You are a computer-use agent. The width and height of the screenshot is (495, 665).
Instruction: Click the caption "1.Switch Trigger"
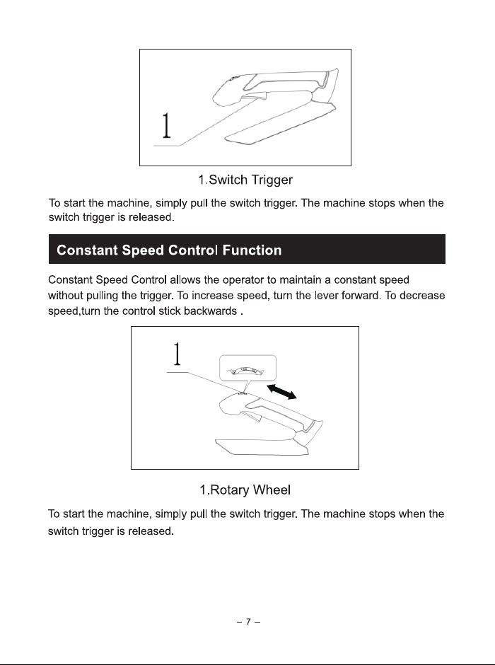[245, 180]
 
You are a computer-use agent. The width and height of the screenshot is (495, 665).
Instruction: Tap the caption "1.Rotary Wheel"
[245, 490]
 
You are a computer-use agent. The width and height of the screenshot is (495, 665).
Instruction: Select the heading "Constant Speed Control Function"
[169, 250]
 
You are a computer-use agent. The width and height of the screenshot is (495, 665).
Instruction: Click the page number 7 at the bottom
[248, 622]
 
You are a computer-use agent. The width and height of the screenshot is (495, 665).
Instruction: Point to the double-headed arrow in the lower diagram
[282, 391]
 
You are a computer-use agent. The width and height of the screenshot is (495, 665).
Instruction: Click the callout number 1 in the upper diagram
[167, 125]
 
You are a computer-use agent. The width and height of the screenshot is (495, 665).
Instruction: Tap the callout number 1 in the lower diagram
[177, 354]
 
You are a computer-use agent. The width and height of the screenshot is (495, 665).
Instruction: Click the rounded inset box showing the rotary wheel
[248, 368]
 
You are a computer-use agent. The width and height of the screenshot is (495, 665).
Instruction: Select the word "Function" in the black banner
[252, 250]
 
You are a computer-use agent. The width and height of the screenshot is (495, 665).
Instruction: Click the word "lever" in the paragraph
[326, 296]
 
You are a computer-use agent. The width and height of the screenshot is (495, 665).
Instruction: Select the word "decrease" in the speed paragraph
[422, 296]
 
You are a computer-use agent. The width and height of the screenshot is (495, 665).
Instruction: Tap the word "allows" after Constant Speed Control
[185, 280]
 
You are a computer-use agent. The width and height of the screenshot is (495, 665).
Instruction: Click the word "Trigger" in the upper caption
[272, 180]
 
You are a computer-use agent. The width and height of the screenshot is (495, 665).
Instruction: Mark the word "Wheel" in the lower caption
[272, 490]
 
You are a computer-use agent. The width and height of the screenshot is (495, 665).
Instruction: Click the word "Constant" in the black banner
[87, 250]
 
